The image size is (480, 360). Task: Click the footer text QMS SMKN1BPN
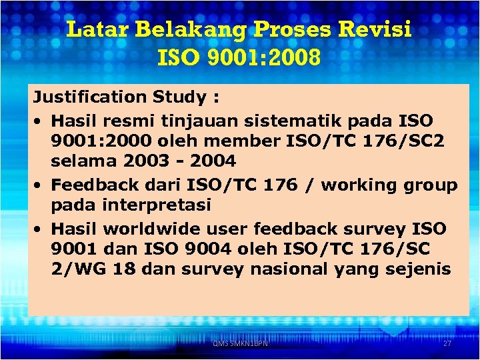tap(239, 343)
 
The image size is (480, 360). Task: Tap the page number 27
tap(447, 343)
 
